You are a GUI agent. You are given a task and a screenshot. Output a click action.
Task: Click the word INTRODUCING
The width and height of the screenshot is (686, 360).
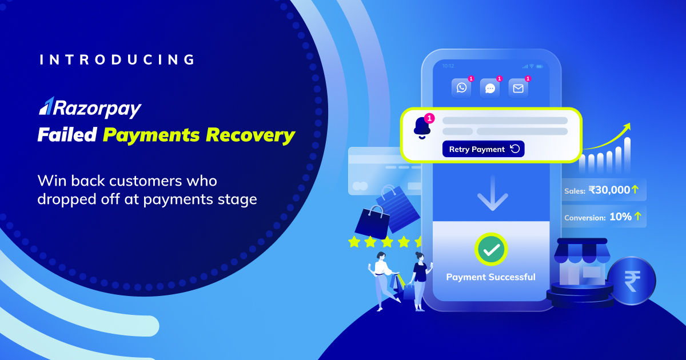tap(117, 60)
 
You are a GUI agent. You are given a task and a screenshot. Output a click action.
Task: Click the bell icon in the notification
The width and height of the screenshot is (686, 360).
tap(422, 127)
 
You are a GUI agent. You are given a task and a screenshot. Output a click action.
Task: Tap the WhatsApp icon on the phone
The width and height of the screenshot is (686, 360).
tap(461, 88)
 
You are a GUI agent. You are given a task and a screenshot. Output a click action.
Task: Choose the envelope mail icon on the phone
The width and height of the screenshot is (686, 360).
tap(518, 88)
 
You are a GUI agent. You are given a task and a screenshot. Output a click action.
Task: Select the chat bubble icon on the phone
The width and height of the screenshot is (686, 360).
tap(490, 88)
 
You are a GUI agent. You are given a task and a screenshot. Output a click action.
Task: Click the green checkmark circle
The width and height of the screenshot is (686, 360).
tap(491, 249)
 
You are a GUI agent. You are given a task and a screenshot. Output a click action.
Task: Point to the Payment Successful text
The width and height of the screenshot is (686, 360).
tap(490, 277)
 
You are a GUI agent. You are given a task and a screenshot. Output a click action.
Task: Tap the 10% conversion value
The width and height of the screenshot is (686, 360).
tap(620, 217)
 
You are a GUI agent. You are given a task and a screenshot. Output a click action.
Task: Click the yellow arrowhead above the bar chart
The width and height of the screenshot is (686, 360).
tap(627, 126)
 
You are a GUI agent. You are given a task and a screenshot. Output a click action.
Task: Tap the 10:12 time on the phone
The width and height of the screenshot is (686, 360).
tap(448, 66)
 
